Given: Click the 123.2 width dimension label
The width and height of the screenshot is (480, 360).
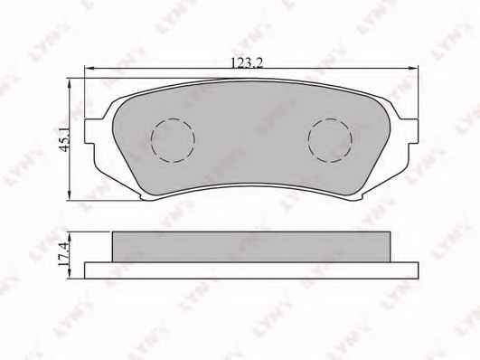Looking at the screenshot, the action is pos(247,63).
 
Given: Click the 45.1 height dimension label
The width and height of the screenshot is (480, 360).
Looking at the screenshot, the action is pos(65,139).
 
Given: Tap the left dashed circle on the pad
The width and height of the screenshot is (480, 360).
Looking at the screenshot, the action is pos(173,140).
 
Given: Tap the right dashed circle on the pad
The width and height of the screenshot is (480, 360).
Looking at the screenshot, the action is pos(330,140).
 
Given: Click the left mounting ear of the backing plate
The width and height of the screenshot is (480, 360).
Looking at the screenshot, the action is pos(89,131).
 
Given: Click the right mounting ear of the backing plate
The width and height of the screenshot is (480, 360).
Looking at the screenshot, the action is pos(413,131).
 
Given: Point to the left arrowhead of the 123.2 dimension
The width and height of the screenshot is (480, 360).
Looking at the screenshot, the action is pos(89,69).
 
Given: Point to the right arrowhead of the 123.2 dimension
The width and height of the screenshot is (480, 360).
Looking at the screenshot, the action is pos(414,69).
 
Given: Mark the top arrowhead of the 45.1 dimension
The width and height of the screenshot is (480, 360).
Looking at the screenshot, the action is pos(70,82).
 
